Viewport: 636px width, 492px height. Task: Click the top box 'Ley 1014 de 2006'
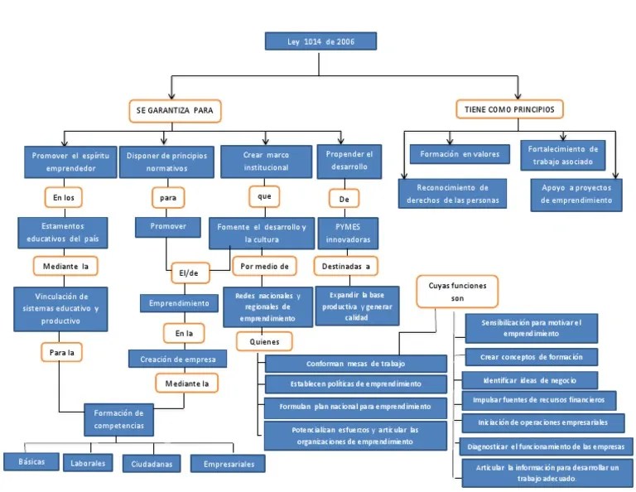(320, 41)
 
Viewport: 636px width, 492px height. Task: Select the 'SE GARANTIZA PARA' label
(175, 109)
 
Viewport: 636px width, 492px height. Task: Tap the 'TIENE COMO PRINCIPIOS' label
(509, 109)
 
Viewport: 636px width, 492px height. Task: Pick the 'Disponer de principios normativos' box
(166, 162)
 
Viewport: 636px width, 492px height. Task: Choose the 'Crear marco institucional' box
(265, 162)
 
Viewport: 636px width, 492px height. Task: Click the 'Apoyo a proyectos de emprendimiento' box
(577, 194)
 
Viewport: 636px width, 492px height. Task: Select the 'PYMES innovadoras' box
(347, 234)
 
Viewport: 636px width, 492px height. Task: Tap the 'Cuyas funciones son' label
(457, 291)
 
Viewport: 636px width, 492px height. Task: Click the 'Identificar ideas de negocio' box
(529, 380)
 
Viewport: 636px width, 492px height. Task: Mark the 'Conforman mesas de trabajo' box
(355, 364)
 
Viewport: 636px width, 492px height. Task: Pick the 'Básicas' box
(31, 461)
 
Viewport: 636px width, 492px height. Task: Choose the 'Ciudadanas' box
(152, 464)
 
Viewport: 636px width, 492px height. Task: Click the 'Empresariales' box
(229, 464)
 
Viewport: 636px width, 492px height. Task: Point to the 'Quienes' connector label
(264, 340)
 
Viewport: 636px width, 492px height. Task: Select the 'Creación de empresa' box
(177, 359)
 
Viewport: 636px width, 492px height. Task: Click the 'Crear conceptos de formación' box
(531, 357)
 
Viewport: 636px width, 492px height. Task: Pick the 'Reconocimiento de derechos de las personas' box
(452, 194)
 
